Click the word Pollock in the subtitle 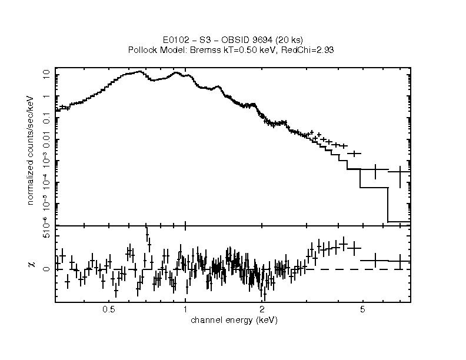[x=141, y=50]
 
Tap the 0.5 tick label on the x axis [x=108, y=309]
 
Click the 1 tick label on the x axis [x=185, y=309]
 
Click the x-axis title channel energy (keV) [x=234, y=321]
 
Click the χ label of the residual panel [x=31, y=264]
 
